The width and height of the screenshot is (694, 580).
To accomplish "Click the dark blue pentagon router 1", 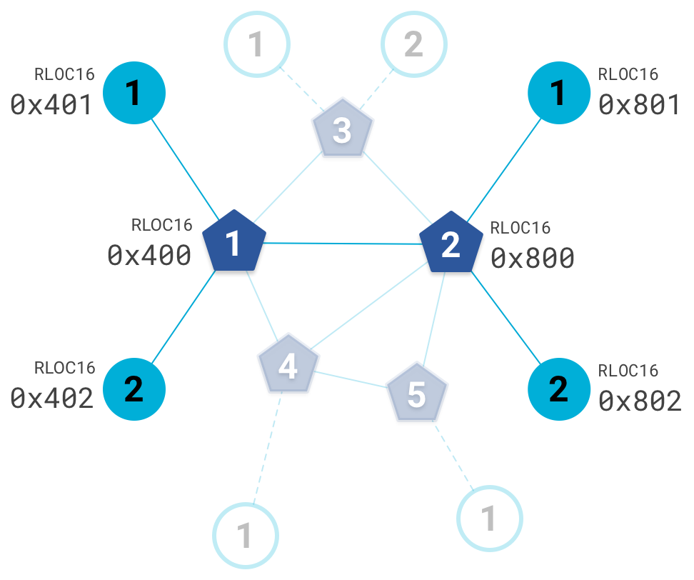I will (234, 243).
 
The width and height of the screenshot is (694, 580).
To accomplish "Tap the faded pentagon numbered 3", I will (343, 131).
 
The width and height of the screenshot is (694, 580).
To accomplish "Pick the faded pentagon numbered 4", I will (288, 365).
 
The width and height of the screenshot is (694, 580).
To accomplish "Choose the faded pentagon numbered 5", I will (417, 394).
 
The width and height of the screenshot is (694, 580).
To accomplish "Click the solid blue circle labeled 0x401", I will (134, 93).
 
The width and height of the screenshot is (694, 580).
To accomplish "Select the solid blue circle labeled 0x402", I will (134, 389).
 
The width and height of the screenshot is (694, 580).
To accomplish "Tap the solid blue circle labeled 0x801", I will (558, 93).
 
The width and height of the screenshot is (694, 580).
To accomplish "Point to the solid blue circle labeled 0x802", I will (558, 389).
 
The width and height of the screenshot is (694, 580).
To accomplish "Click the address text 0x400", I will (149, 256).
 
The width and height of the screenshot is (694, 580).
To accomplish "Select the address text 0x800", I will (533, 258).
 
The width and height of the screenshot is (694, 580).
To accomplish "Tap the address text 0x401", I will (51, 105).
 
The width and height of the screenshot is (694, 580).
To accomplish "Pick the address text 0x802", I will (640, 401).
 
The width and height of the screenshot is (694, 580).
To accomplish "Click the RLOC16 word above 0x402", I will (64, 368).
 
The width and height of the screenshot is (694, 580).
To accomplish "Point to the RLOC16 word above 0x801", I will (628, 74).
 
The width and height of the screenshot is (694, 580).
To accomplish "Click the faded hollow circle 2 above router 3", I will (414, 44).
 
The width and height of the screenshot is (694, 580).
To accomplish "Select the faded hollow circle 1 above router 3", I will (257, 44).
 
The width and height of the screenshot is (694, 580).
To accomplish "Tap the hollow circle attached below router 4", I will (245, 535).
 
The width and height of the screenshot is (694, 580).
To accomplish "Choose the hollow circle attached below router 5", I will (490, 519).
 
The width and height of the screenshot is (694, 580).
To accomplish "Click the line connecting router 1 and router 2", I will (343, 244).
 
